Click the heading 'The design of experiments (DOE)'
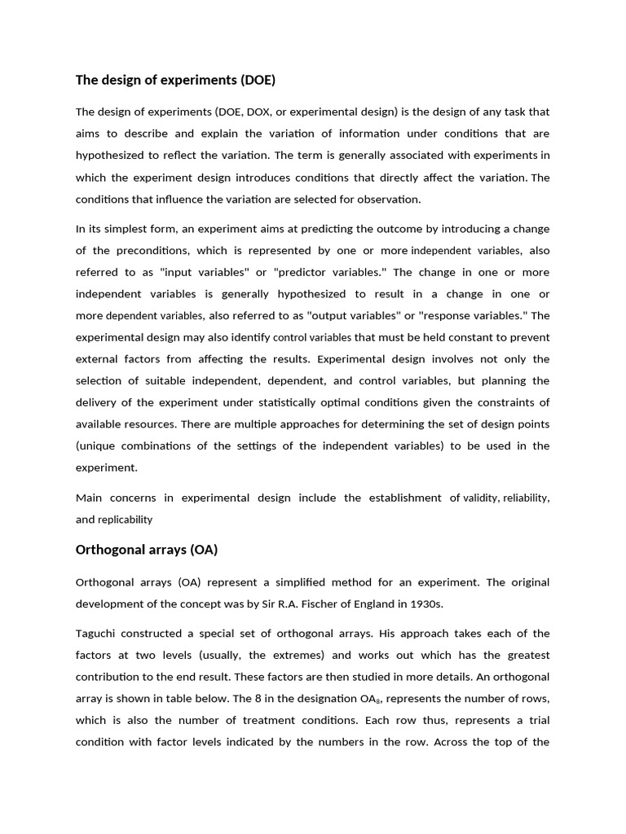pos(175,80)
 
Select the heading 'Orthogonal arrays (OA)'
pos(147,550)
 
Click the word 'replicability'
pos(126,520)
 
